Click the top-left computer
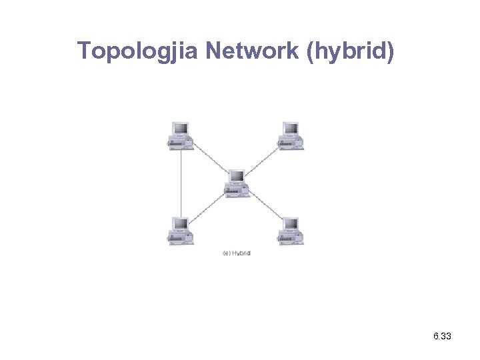pos(180,136)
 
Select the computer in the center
pos(237,183)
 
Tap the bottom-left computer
pos(180,231)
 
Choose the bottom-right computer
pos(291,231)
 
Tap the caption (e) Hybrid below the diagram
pos(236,253)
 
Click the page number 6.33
pos(442,337)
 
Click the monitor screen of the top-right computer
pos(291,129)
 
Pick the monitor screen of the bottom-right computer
pos(291,224)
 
